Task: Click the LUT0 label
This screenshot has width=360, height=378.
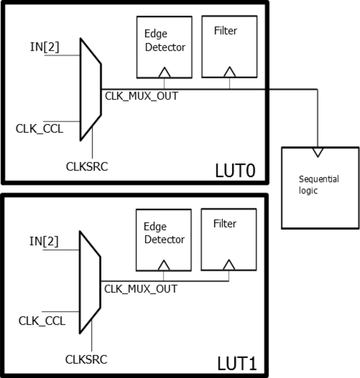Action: (234, 170)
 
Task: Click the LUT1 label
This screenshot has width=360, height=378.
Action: (236, 364)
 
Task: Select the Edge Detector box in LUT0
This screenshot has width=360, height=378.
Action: (164, 47)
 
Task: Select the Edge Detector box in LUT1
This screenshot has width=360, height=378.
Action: (163, 239)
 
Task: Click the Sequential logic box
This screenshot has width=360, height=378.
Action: (317, 187)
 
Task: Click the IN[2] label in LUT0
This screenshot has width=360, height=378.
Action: (44, 47)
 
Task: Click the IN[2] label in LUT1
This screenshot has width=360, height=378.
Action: (44, 241)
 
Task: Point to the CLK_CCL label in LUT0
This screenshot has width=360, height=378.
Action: (39, 128)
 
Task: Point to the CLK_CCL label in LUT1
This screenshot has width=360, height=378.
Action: (41, 320)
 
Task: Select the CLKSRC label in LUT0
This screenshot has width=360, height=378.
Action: (87, 167)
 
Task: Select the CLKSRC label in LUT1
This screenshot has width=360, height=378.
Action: (86, 360)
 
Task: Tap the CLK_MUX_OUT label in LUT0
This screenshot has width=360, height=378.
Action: (141, 96)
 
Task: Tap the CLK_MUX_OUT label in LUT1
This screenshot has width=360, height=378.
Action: (141, 289)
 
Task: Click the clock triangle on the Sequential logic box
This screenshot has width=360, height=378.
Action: (317, 152)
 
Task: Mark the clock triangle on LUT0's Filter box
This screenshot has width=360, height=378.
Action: (229, 72)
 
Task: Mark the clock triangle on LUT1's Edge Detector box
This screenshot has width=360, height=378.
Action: (164, 265)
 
